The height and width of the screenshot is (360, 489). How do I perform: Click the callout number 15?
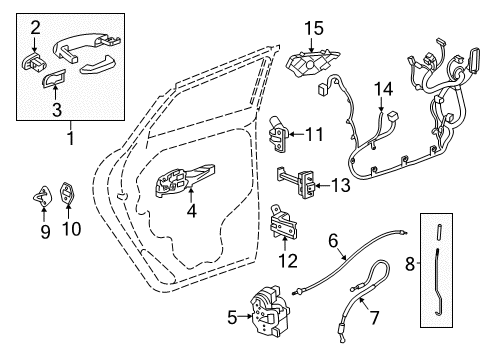coord(316,31)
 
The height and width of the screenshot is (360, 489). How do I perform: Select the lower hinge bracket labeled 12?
coord(285,230)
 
